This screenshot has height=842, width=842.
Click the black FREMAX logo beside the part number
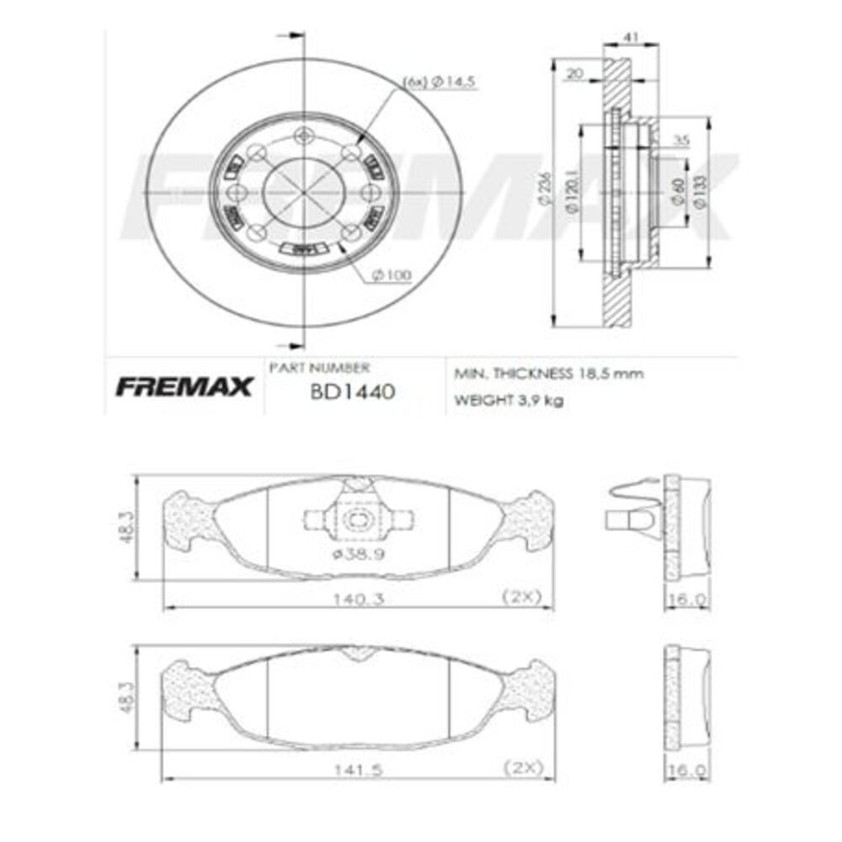[x=184, y=386]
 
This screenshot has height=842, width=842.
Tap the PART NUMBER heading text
[x=318, y=368]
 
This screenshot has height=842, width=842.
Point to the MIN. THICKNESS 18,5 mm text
[x=548, y=373]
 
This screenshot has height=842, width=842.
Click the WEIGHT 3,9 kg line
[x=509, y=400]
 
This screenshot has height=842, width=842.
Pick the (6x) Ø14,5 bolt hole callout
[x=440, y=82]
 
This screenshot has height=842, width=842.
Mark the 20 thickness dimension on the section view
[x=575, y=73]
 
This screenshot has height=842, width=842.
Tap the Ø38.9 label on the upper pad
[x=354, y=552]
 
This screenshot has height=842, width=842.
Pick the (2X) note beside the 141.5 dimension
[x=522, y=767]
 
